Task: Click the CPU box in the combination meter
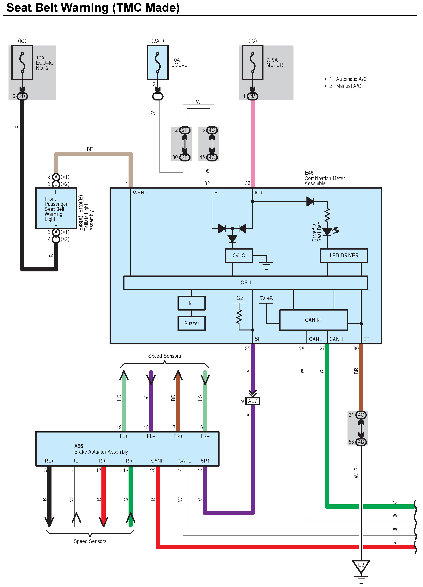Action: coord(246,283)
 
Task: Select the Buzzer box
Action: coord(191,324)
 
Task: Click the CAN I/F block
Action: coord(313,320)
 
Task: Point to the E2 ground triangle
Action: coord(361,565)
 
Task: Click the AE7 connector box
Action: coord(252,401)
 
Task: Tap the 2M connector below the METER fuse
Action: coord(252,96)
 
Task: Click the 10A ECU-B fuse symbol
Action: coord(157,63)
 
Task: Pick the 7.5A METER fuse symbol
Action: coord(252,63)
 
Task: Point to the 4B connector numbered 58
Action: coord(361,442)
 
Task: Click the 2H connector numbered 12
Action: coord(185,130)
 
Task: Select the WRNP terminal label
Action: coord(140,193)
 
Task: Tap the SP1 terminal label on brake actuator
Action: coord(205,461)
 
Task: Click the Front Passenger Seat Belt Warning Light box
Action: coord(56,208)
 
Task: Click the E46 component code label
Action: coord(309,173)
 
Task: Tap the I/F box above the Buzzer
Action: coord(191,303)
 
